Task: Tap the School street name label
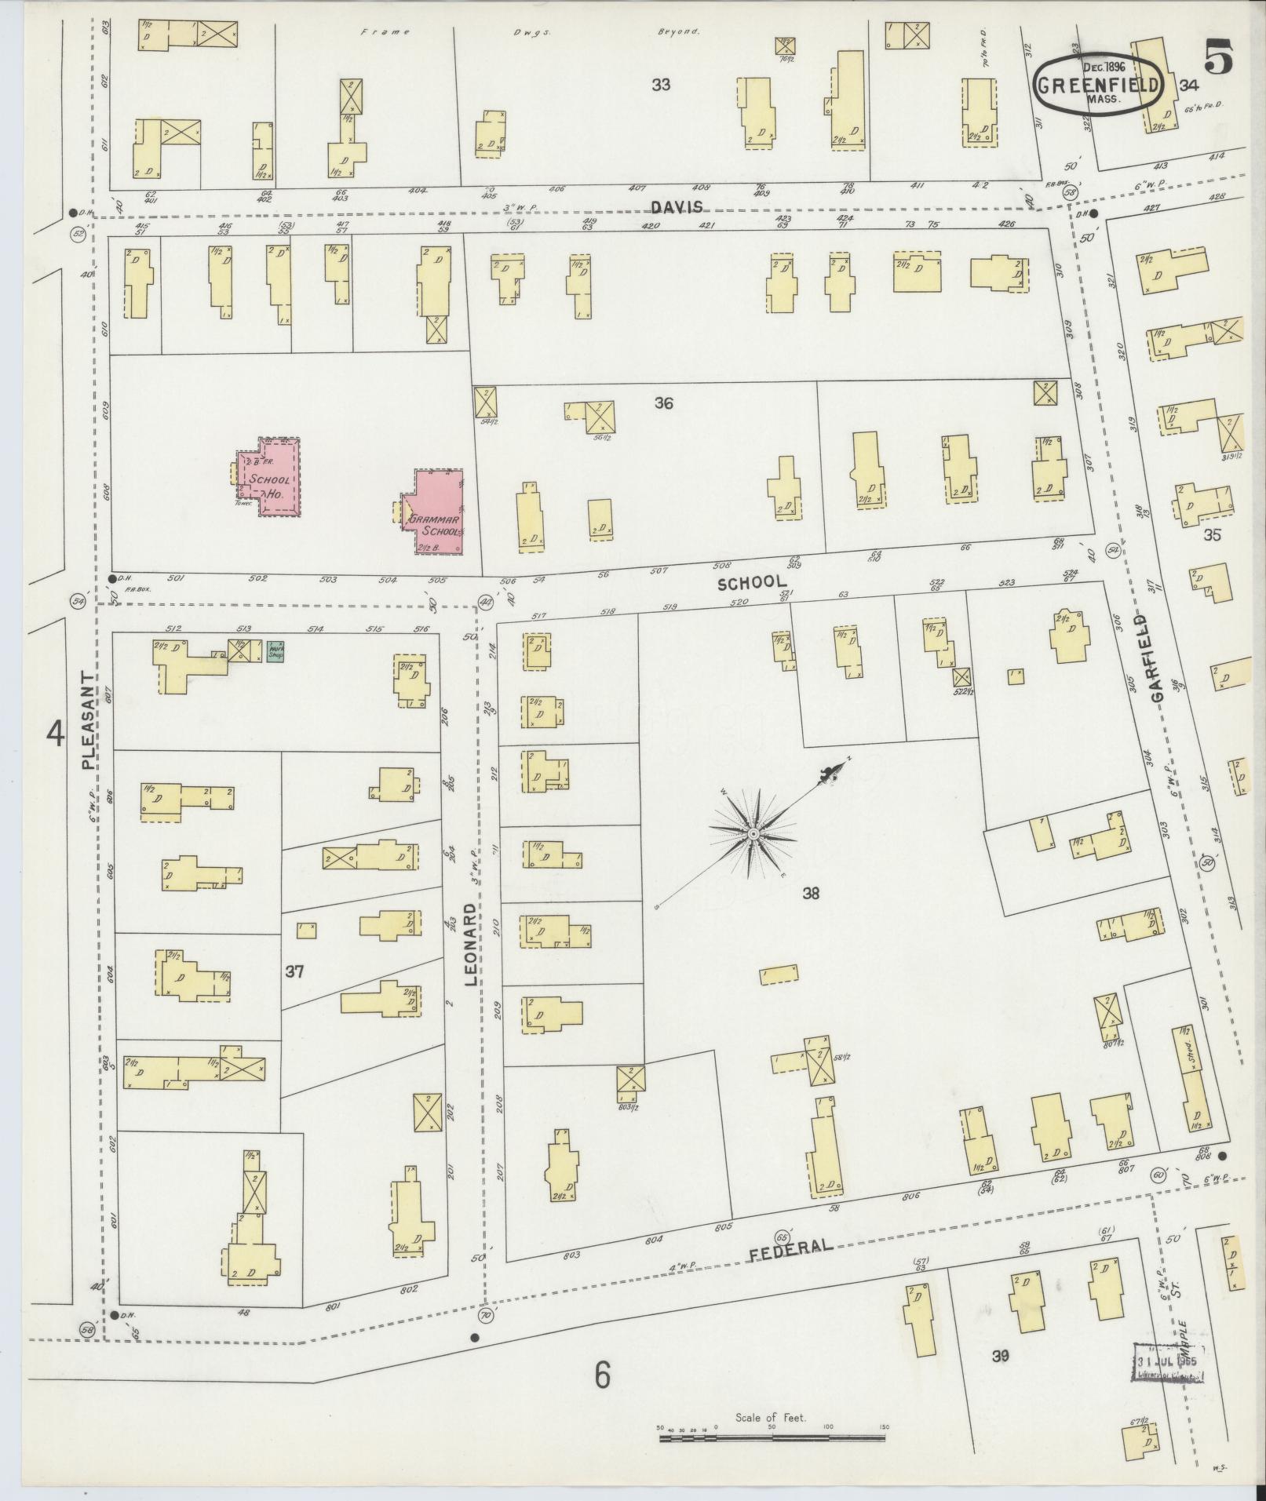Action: coord(752,582)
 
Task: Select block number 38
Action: coord(811,892)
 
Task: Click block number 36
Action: coord(664,403)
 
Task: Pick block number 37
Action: coord(294,972)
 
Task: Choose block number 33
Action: coord(661,84)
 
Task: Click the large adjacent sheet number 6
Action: coord(602,1375)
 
